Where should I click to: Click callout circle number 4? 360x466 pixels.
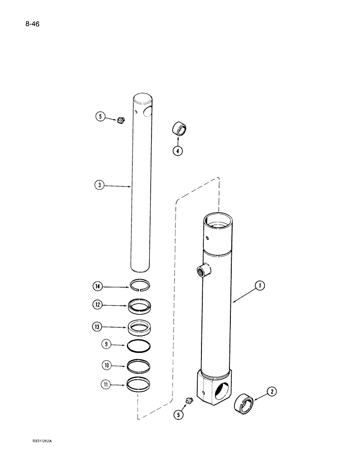(x=179, y=151)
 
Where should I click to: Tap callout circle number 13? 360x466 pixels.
(x=98, y=327)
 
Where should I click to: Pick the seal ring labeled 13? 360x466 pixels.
(x=140, y=327)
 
